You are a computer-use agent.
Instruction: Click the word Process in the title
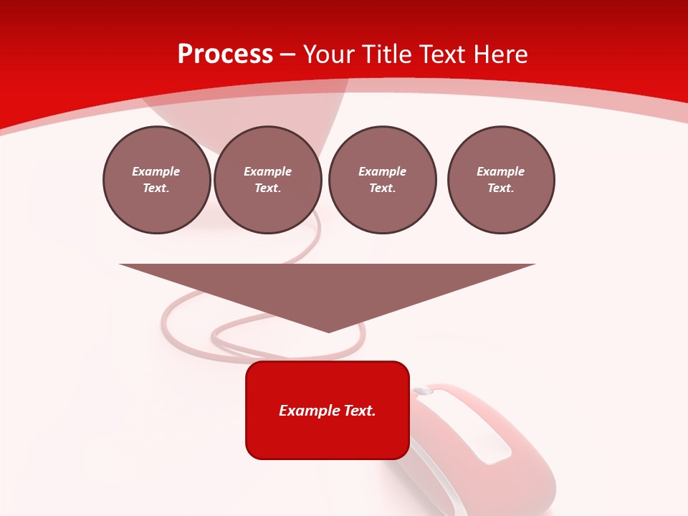[x=225, y=54]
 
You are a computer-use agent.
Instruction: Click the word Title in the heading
[x=386, y=54]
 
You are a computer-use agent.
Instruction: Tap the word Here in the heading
[x=499, y=54]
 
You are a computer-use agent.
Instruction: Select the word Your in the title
[x=329, y=54]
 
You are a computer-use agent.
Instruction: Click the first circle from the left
[x=156, y=180]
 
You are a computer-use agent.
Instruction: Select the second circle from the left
[x=268, y=180]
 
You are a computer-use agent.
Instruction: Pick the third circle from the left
[x=382, y=180]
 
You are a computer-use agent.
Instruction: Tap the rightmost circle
[x=501, y=180]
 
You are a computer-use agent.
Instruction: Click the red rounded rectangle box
[x=328, y=410]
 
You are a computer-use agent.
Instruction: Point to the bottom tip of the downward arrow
[x=328, y=332]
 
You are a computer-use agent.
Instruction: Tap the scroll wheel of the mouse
[x=424, y=391]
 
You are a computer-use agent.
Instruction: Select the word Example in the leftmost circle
[x=156, y=171]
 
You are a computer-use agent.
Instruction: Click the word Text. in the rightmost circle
[x=501, y=188]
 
